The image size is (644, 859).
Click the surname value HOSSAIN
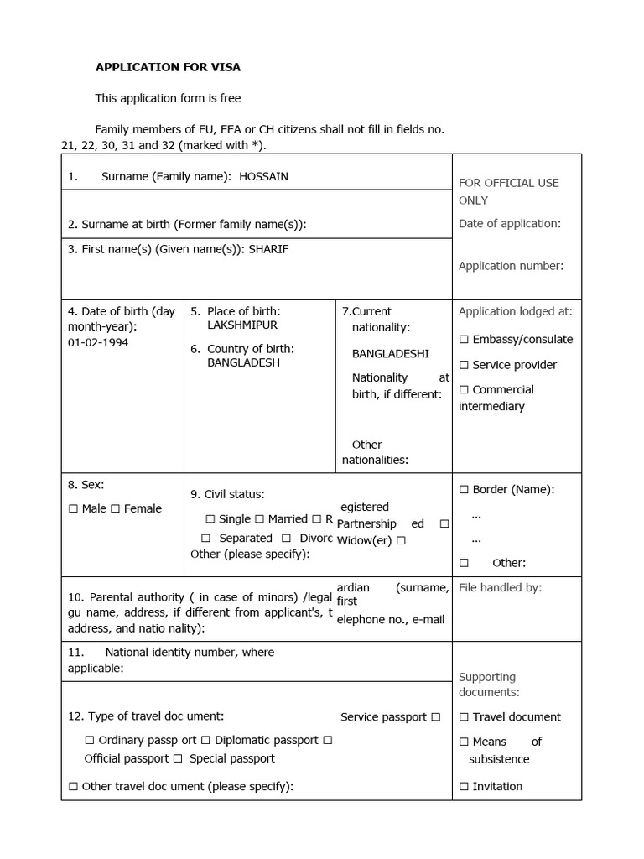tap(263, 176)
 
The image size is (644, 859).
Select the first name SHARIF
tap(268, 249)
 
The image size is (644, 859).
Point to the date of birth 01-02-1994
tap(98, 342)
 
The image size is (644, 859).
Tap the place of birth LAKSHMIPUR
tap(242, 325)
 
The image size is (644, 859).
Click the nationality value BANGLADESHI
tap(390, 353)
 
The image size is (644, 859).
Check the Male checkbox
tap(74, 508)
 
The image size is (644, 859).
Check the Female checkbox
tap(116, 508)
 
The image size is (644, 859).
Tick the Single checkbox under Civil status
tap(210, 519)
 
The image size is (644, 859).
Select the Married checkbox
tap(260, 519)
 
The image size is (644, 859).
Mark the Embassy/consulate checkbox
tap(464, 340)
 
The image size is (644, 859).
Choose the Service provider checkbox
tap(464, 365)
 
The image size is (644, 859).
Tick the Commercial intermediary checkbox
tap(464, 390)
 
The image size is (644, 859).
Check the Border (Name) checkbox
tap(464, 489)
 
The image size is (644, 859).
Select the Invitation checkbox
tap(464, 786)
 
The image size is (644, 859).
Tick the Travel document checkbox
tap(464, 717)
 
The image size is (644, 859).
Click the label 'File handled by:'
tap(500, 588)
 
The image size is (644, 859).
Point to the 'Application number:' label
tap(511, 266)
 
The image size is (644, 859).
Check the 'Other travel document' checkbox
tap(74, 786)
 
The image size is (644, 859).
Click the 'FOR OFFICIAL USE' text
tap(508, 183)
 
